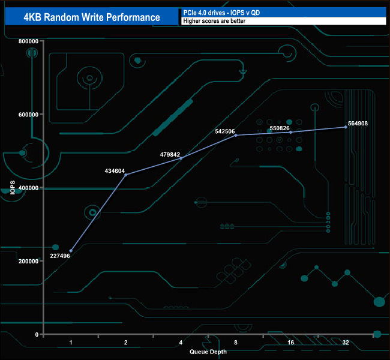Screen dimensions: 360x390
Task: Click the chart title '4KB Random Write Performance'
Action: coord(92,17)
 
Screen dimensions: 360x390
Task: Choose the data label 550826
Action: coord(280,128)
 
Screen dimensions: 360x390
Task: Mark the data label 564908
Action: coord(355,123)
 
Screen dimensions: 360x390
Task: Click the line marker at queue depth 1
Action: coord(71,251)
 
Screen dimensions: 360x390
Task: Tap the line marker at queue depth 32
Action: coord(346,127)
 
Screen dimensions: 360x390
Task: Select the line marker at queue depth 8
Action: coord(236,135)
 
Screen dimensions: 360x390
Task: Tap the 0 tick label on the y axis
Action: coord(37,334)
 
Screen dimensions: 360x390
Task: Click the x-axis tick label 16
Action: coord(291,343)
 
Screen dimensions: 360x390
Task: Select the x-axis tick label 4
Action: coord(181,343)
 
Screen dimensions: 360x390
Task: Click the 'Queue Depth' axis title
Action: coord(208,352)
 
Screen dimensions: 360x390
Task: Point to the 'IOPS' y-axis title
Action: coord(13,187)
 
